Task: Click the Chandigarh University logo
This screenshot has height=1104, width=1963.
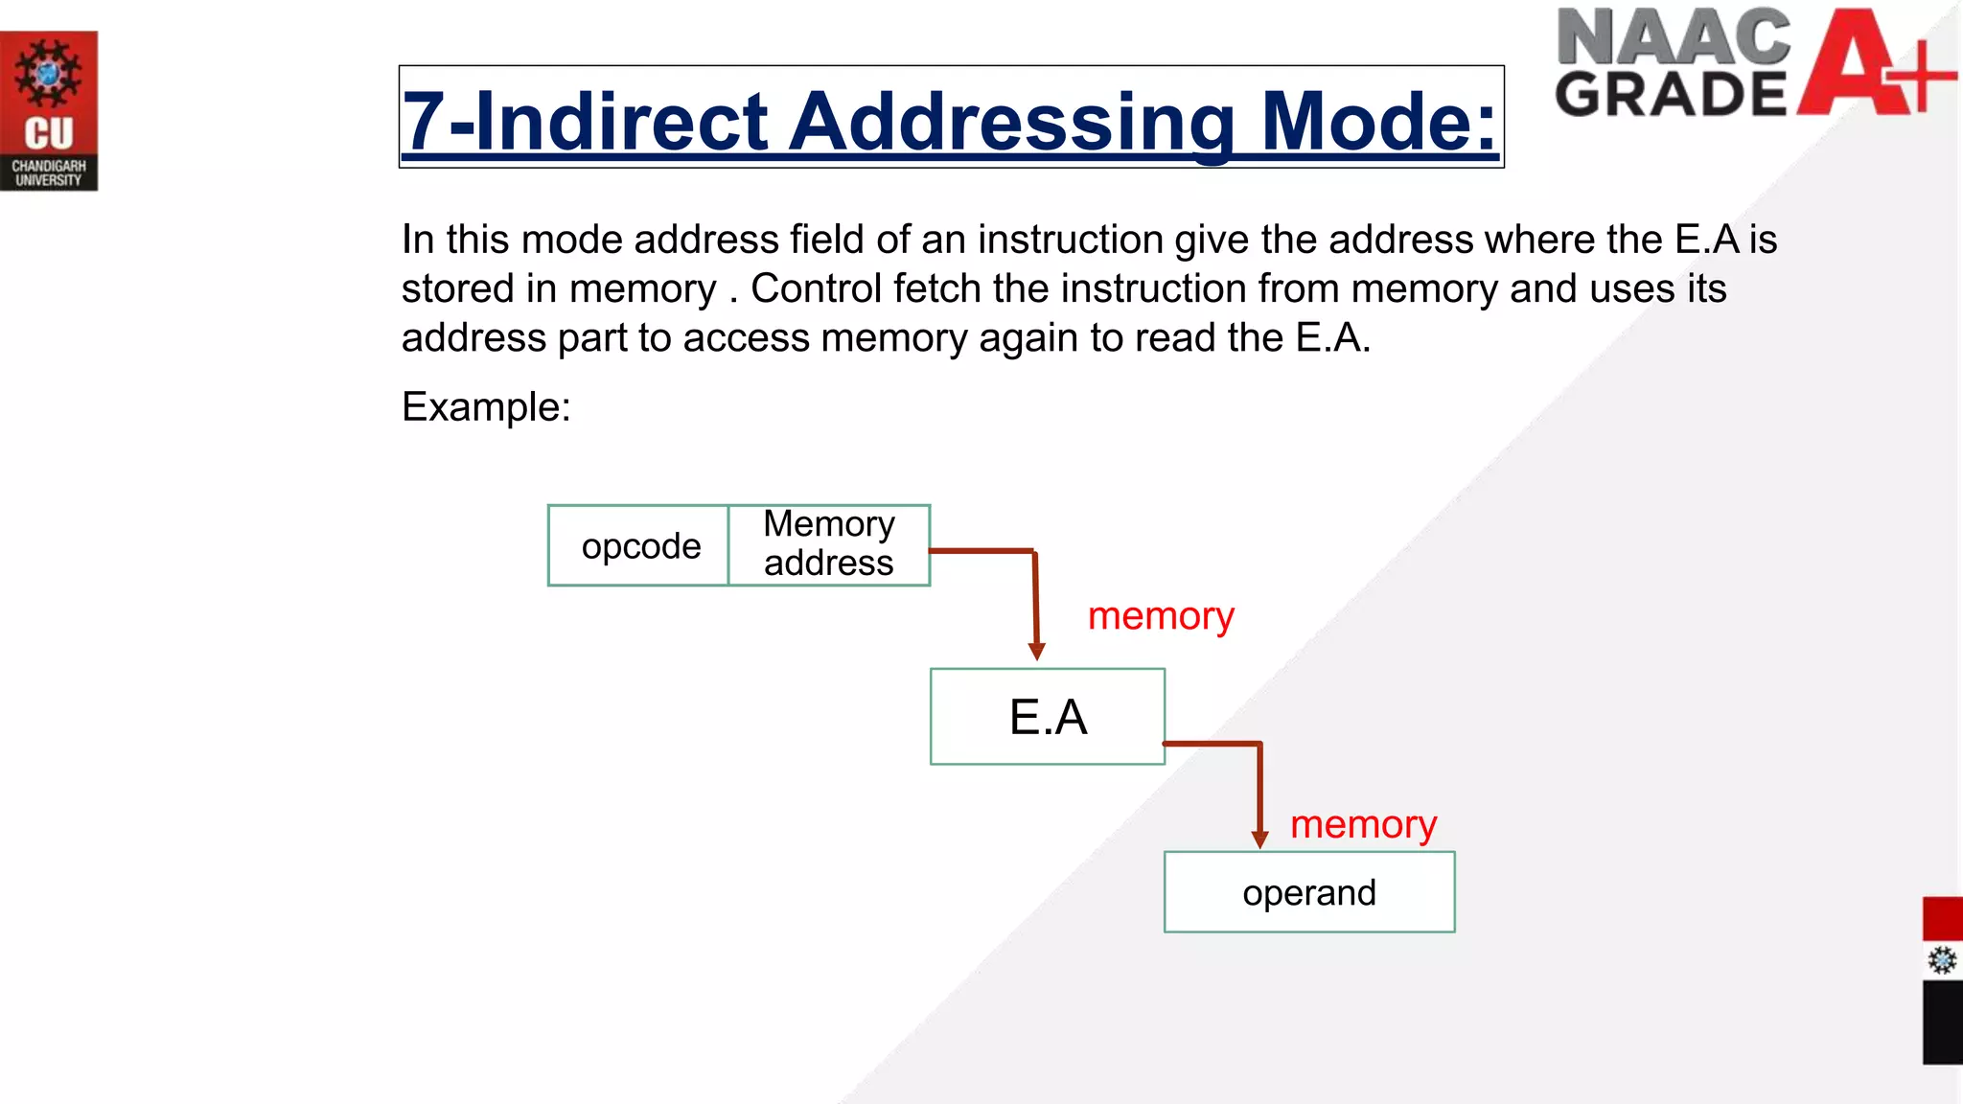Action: point(48,111)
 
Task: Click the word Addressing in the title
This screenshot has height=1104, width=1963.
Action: point(1011,122)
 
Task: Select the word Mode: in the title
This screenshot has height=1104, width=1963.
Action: point(1378,122)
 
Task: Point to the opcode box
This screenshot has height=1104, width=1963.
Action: point(639,545)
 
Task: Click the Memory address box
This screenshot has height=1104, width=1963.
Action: point(829,544)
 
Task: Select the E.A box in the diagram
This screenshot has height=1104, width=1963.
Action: point(1048,717)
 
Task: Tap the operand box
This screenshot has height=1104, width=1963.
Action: point(1309,892)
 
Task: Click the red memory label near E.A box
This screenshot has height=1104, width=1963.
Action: point(1161,616)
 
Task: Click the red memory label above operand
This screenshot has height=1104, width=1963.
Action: point(1363,824)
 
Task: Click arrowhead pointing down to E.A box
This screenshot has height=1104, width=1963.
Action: point(1036,652)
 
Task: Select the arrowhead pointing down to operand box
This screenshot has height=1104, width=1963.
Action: point(1259,839)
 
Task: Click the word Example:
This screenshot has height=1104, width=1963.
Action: point(486,407)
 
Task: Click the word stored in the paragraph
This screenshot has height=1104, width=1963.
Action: point(456,288)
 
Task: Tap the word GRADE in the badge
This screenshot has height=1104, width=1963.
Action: point(1670,94)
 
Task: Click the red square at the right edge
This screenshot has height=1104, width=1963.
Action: point(1942,919)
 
